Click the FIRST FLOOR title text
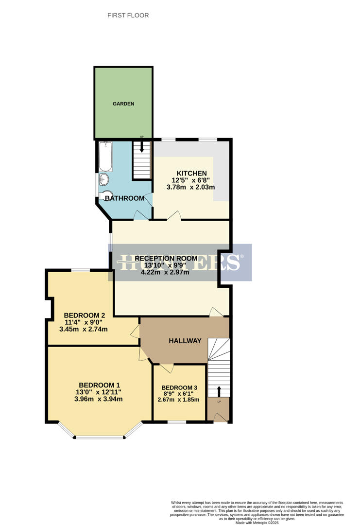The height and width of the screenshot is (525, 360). [128, 16]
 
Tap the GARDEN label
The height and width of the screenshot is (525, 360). [123, 104]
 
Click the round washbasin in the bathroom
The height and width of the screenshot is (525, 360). [104, 180]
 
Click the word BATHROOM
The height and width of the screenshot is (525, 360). [125, 198]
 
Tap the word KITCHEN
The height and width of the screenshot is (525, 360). [191, 174]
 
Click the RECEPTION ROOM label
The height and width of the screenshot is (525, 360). [166, 258]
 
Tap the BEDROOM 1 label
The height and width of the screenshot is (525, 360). [99, 385]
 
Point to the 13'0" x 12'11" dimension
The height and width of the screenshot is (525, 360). [99, 392]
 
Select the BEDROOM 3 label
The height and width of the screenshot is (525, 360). [179, 387]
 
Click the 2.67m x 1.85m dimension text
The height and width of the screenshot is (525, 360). [179, 400]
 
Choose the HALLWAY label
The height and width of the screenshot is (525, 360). [185, 341]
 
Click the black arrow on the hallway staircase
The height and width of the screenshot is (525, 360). [219, 391]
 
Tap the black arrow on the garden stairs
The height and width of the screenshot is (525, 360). [142, 148]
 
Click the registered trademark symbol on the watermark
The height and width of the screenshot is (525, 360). [242, 257]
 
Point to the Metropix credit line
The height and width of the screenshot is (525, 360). [257, 523]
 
